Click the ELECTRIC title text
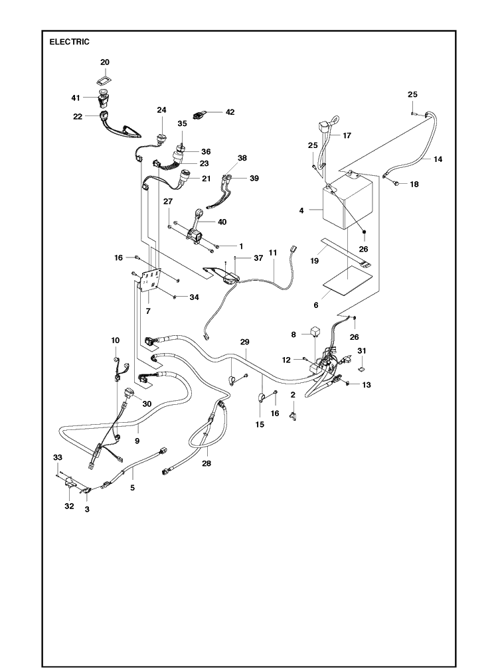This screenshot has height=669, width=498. [69, 42]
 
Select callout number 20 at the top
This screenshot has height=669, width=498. [104, 62]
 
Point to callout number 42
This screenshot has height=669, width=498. [230, 112]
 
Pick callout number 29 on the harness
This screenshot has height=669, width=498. [244, 342]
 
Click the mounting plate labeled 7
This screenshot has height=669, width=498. [149, 280]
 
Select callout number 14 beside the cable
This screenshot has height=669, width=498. [438, 159]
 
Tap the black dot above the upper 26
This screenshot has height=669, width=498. [365, 232]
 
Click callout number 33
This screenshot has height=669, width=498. [58, 457]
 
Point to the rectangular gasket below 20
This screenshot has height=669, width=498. [104, 80]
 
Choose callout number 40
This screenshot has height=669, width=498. [222, 222]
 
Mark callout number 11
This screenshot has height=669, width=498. [273, 253]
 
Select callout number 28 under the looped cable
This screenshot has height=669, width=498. [207, 463]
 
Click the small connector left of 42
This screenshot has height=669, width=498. [199, 115]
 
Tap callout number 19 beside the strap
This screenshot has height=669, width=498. [315, 261]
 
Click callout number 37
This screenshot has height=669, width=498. [258, 258]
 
